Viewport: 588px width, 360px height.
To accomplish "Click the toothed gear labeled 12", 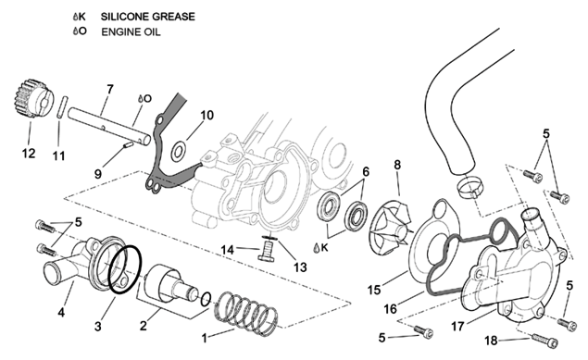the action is click(x=31, y=99).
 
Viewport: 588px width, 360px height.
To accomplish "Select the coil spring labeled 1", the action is click(x=246, y=313).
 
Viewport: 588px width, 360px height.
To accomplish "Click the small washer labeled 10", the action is click(x=178, y=152).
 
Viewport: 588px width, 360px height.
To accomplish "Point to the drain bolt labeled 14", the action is click(x=266, y=250).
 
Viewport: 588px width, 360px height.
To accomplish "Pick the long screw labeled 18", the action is click(x=544, y=341).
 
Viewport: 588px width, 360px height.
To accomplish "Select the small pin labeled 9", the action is click(x=129, y=145).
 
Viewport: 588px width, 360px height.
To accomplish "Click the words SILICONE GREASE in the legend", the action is click(x=148, y=17).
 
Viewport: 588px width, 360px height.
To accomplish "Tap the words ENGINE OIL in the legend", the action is click(x=131, y=31).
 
